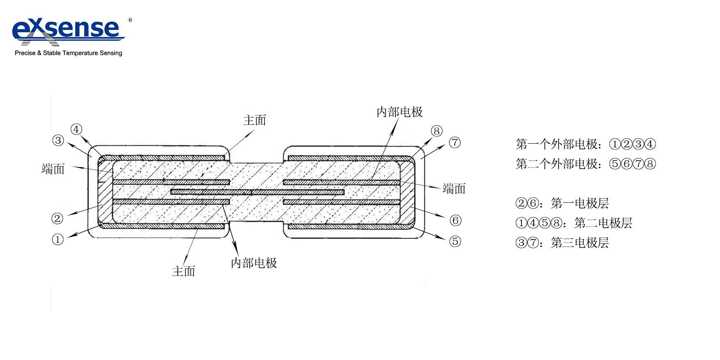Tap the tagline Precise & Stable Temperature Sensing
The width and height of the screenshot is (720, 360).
pyautogui.click(x=69, y=53)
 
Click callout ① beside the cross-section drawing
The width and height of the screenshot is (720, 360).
pyautogui.click(x=58, y=239)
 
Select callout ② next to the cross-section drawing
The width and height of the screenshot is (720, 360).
pyautogui.click(x=57, y=218)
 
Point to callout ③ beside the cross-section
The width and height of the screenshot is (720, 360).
pyautogui.click(x=58, y=140)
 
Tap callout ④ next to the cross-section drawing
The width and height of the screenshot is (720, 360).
pyautogui.click(x=76, y=129)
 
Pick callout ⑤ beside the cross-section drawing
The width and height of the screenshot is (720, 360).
pyautogui.click(x=455, y=241)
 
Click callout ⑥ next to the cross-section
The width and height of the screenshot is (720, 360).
pyautogui.click(x=455, y=220)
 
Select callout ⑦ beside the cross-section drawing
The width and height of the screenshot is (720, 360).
pyautogui.click(x=454, y=143)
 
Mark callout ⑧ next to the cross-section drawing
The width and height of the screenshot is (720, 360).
pyautogui.click(x=436, y=131)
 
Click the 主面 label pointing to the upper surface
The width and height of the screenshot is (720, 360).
pyautogui.click(x=255, y=120)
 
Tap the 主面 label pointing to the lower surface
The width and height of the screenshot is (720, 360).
pyautogui.click(x=183, y=271)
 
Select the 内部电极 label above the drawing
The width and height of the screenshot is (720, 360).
pyautogui.click(x=399, y=112)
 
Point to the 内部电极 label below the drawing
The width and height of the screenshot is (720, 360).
pyautogui.click(x=254, y=263)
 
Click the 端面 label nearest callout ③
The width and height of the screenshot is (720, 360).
pyautogui.click(x=53, y=169)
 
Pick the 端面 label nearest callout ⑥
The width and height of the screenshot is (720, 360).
pyautogui.click(x=454, y=189)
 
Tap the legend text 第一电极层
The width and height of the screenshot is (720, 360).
pyautogui.click(x=580, y=203)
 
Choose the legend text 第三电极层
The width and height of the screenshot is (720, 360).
pyautogui.click(x=580, y=243)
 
